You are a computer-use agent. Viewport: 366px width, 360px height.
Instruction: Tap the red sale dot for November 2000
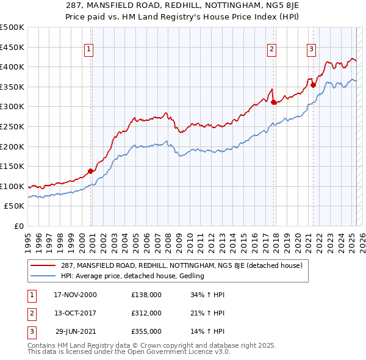pyautogui.click(x=91, y=171)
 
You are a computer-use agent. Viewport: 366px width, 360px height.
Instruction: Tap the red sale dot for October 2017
pyautogui.click(x=273, y=102)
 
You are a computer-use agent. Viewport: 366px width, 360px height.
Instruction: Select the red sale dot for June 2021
pyautogui.click(x=313, y=85)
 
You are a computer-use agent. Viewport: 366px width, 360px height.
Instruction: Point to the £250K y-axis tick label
pyautogui.click(x=13, y=126)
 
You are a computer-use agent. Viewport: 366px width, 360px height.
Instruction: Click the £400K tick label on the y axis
pyautogui.click(x=13, y=67)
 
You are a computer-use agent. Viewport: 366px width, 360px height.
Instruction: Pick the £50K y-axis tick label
pyautogui.click(x=15, y=206)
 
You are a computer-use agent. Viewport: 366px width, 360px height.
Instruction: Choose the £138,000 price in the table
pyautogui.click(x=146, y=295)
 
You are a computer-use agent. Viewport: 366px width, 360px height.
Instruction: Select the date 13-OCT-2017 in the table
pyautogui.click(x=75, y=313)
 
